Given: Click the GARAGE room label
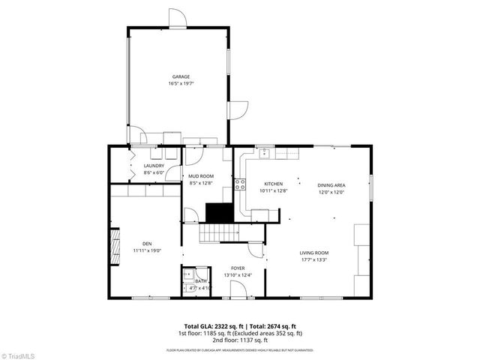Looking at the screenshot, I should point(181,76).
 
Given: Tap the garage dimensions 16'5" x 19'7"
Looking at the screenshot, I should point(181,83).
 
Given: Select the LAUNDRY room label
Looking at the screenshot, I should point(154,166).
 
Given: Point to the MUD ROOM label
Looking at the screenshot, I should point(202,175).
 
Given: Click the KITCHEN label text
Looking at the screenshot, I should point(272,184).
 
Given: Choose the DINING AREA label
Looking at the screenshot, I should point(331,184).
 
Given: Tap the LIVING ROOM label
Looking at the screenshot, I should point(314,253).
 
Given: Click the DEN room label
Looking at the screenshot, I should point(147,244).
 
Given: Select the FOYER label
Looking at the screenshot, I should point(238,268).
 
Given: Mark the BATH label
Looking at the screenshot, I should point(200,281).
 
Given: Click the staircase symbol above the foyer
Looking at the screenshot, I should point(213,235).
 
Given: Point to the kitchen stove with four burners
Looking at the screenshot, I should point(241,183).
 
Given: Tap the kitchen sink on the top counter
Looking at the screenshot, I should point(265,154).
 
